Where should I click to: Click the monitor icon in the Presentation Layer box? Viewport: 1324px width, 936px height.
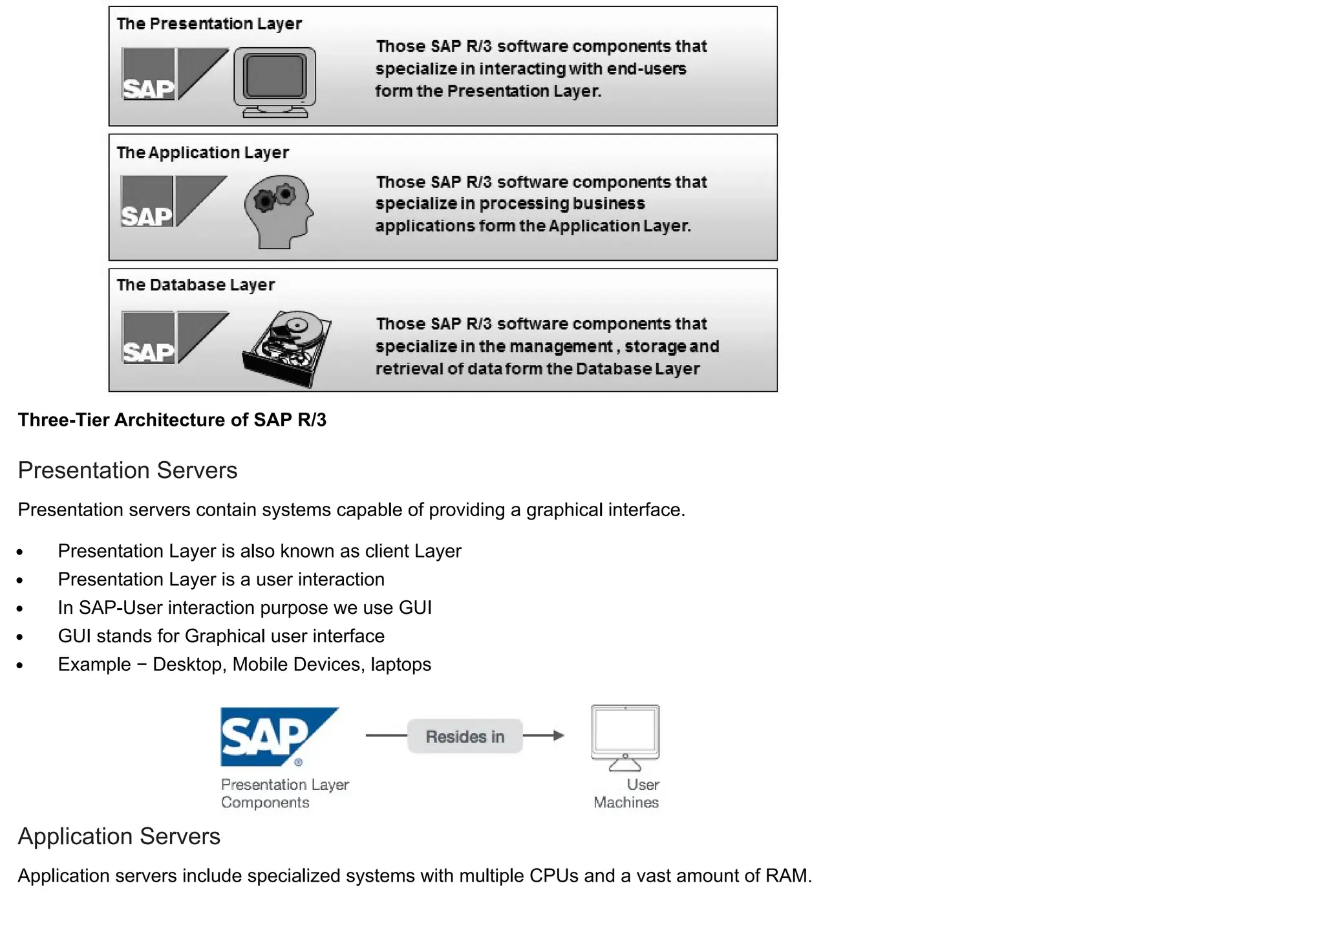[x=275, y=81]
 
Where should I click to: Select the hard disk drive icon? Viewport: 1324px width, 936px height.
[x=287, y=348]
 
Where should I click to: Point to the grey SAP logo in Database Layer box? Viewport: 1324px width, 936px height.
[x=175, y=337]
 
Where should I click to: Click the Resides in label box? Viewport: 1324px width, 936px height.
[x=465, y=736]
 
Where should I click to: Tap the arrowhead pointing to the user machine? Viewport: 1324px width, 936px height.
[x=559, y=735]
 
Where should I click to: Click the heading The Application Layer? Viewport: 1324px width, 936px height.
[x=202, y=153]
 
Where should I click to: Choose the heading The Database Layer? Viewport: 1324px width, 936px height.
[x=195, y=285]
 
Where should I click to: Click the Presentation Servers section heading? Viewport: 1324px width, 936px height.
[x=127, y=470]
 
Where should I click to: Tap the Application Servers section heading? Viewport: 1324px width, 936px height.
[x=119, y=836]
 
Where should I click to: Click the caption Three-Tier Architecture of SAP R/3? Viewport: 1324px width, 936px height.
[x=172, y=420]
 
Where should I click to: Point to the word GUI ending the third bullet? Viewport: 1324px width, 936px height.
[x=415, y=608]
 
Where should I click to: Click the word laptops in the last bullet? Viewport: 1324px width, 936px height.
[x=401, y=665]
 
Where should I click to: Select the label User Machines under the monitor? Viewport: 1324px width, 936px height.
[x=626, y=794]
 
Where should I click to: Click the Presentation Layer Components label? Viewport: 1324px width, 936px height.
[x=284, y=794]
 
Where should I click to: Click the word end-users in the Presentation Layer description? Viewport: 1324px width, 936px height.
[x=646, y=69]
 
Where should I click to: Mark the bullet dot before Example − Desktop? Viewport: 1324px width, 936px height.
[x=20, y=666]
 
